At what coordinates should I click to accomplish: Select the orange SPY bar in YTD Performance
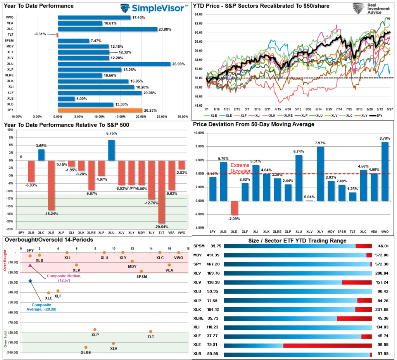click(x=100, y=110)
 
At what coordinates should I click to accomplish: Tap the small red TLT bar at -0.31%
click(x=57, y=35)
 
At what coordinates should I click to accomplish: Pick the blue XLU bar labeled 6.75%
click(x=111, y=150)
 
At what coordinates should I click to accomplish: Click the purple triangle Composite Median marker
click(x=30, y=265)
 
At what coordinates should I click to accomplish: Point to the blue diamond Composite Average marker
click(x=30, y=281)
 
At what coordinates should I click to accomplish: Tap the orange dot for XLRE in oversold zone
click(x=86, y=347)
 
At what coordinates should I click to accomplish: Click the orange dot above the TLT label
click(x=151, y=331)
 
